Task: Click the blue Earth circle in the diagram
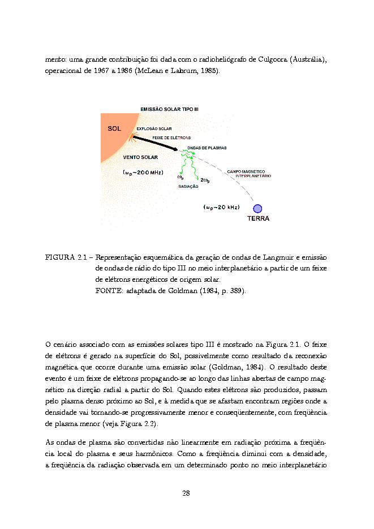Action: (257, 208)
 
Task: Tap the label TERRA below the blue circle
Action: (257, 218)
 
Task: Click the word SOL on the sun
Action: (114, 128)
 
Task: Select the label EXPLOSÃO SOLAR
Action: (154, 129)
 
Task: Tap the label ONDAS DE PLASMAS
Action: (207, 148)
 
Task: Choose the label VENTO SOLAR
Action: (140, 157)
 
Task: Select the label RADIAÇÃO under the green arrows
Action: (188, 186)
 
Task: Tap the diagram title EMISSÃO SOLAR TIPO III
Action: (169, 109)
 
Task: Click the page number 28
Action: (186, 493)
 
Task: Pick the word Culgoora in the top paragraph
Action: (274, 59)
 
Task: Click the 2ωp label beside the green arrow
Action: (205, 180)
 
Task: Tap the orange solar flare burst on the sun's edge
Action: (134, 138)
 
